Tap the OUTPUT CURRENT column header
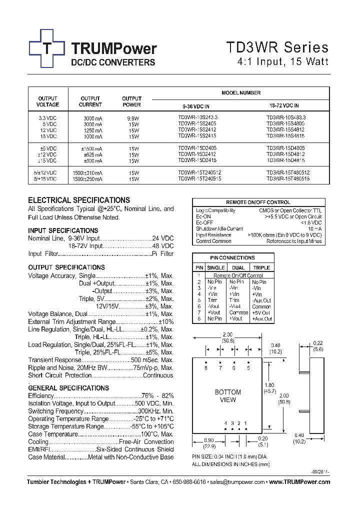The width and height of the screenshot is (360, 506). click(90, 101)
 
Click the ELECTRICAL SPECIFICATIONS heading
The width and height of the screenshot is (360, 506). click(79, 200)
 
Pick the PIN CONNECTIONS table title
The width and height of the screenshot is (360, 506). click(232, 258)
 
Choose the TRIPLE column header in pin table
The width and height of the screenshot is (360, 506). click(261, 268)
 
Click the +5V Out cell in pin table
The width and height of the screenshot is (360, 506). click(262, 312)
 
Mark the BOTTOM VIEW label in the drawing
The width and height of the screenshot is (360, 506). click(227, 396)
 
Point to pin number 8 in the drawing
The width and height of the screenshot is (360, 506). click(205, 368)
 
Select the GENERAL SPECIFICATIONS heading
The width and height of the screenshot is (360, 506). click(68, 388)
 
